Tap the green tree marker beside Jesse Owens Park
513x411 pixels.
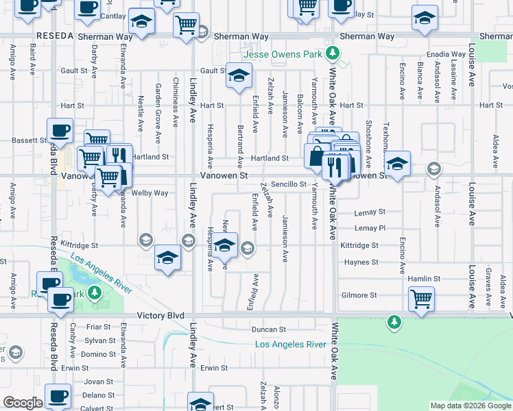click(333, 52)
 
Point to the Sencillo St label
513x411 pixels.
click(288, 184)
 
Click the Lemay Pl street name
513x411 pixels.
click(370, 228)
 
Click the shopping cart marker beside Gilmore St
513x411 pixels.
click(421, 297)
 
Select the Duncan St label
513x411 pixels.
click(267, 329)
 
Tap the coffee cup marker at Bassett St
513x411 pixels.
click(60, 129)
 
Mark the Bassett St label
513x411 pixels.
click(28, 140)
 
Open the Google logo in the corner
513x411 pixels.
click(23, 403)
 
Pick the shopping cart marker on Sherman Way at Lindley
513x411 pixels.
click(186, 25)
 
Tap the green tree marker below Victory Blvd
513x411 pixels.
click(394, 321)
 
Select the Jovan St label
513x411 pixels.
click(99, 382)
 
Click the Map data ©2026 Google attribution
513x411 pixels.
click(470, 406)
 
